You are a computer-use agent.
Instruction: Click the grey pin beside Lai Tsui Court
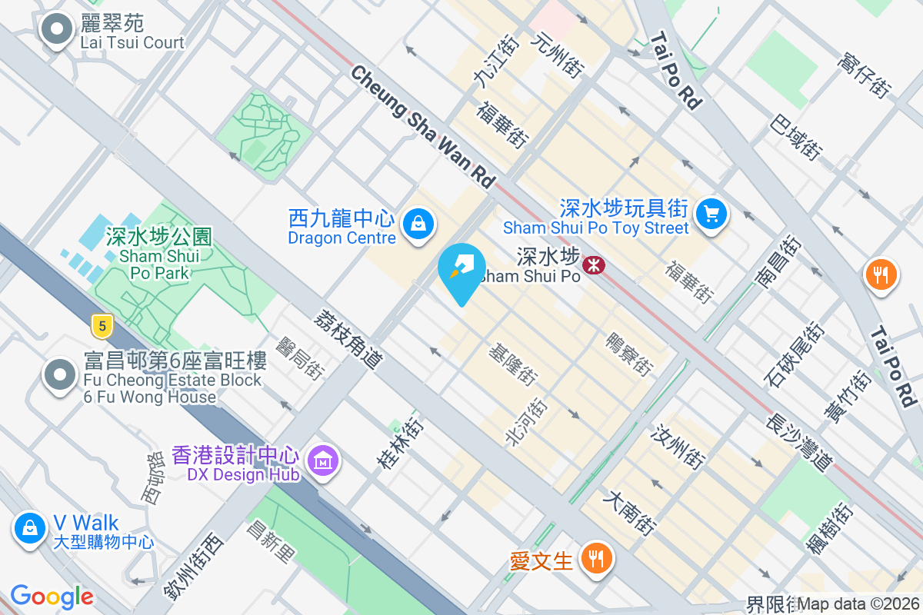coord(56,31)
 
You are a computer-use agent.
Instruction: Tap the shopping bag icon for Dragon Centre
coord(418,224)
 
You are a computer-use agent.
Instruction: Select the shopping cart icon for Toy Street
coord(711,214)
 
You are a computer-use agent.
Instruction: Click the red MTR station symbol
coord(594,266)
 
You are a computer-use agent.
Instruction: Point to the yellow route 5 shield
coord(101,326)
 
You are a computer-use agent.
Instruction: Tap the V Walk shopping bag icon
coord(29,528)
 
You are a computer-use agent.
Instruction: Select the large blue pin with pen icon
coord(461,270)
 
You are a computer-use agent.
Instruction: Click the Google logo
coord(52,597)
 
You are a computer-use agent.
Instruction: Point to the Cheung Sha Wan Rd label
coord(422,126)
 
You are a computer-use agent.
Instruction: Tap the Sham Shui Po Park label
coord(159,255)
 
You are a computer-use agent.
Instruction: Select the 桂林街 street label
coord(399,444)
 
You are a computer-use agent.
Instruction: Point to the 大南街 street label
coord(629,514)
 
